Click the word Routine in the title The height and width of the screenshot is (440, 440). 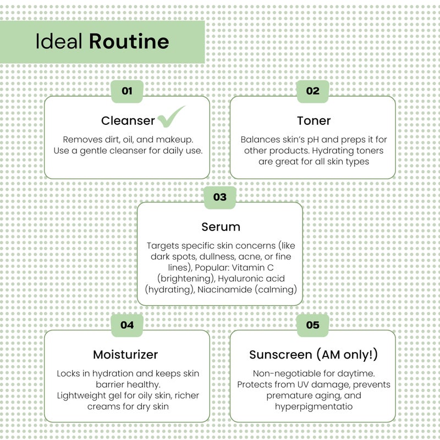[x=129, y=41]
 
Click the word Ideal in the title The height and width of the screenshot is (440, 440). [x=59, y=41]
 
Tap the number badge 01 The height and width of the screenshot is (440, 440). [x=127, y=91]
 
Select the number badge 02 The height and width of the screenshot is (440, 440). [x=313, y=91]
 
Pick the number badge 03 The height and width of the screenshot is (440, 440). [x=220, y=197]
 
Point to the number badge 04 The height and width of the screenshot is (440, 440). [x=127, y=325]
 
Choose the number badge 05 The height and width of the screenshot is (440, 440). [x=313, y=325]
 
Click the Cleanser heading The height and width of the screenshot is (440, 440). [x=128, y=120]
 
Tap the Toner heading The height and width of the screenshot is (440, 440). [x=313, y=120]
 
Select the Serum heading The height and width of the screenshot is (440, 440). [x=221, y=227]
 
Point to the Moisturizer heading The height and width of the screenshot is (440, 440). [x=125, y=355]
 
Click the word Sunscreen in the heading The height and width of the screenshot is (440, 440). [x=280, y=355]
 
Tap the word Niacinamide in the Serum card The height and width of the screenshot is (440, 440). [x=225, y=289]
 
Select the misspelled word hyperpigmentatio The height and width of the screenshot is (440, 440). [x=313, y=406]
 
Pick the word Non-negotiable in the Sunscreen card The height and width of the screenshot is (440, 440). [x=287, y=373]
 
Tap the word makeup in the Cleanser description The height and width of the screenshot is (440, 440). [x=174, y=140]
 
